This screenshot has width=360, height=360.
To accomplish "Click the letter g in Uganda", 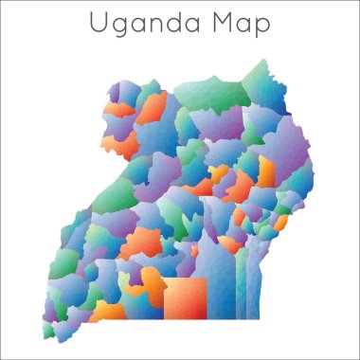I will point(119,25).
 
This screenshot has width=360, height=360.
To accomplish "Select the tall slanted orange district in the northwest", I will point(152,109).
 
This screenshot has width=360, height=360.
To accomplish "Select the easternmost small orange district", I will point(280,225).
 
